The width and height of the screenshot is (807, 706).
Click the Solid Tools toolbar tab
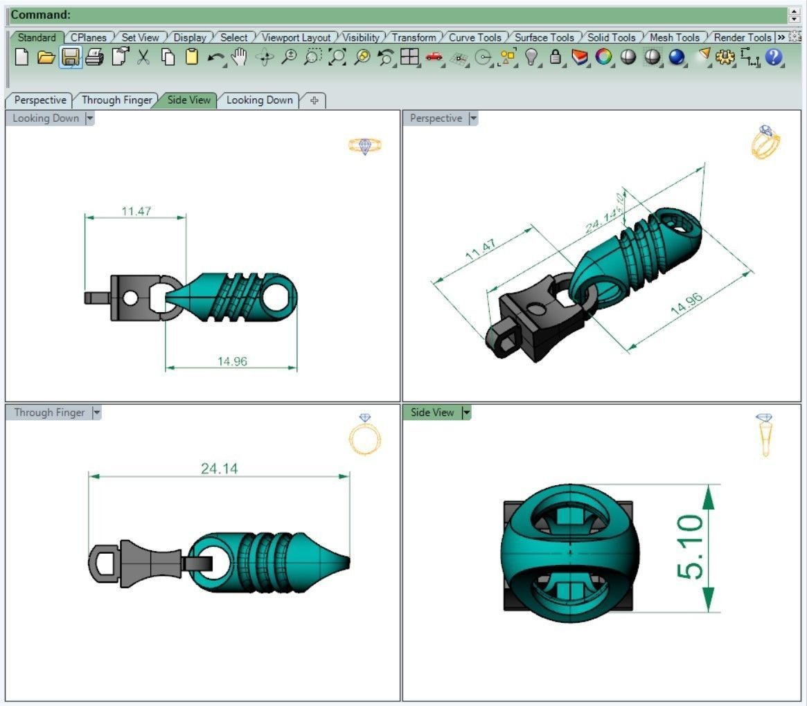tap(611, 37)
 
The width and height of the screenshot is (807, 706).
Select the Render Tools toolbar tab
tap(742, 37)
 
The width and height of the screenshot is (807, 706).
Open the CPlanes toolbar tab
tap(88, 37)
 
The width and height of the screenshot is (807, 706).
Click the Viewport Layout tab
tap(296, 37)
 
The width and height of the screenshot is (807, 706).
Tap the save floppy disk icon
tap(70, 57)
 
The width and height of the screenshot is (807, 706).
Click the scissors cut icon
tap(143, 57)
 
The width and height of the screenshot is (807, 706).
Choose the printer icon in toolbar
tap(94, 57)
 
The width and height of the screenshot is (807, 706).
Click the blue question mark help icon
tap(774, 57)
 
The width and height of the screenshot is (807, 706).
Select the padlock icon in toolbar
tap(556, 57)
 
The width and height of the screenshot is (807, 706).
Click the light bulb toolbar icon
tap(531, 57)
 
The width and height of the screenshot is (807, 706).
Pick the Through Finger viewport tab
tap(116, 100)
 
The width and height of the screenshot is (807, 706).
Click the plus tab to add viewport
tap(314, 100)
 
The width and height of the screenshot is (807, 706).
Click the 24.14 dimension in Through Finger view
tap(219, 469)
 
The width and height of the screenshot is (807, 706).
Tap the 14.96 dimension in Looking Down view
tap(232, 361)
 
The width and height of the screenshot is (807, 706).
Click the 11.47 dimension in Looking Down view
tap(136, 211)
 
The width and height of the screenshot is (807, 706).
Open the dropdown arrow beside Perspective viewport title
tap(473, 118)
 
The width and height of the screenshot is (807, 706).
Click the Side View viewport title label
tap(432, 413)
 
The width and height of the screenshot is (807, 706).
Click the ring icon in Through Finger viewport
tap(365, 436)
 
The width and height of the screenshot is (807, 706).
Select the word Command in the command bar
tap(41, 15)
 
